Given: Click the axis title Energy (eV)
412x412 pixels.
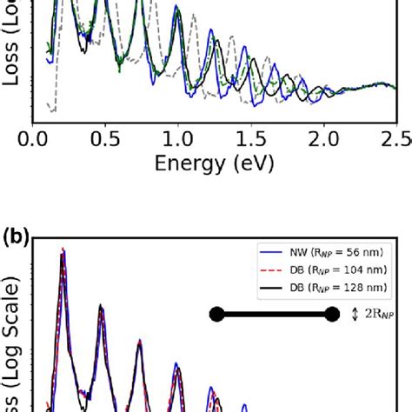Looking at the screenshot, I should [212, 163].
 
